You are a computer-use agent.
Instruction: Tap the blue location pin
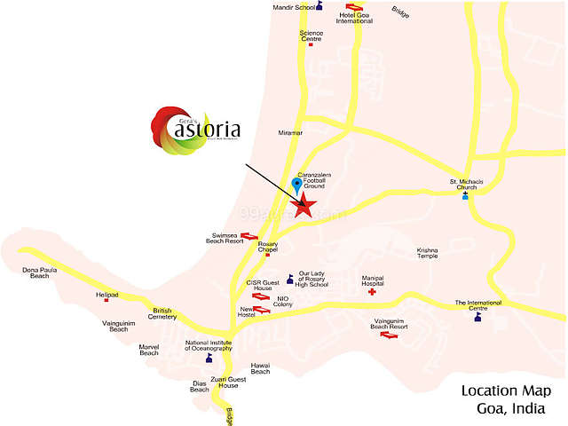[x=296, y=185]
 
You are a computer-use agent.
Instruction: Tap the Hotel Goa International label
[x=354, y=17]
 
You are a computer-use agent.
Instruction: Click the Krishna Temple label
[x=428, y=252]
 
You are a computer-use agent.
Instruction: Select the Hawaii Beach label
[x=260, y=368]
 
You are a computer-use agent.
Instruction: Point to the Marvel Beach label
[x=148, y=350]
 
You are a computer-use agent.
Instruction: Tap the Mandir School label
[x=292, y=6]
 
